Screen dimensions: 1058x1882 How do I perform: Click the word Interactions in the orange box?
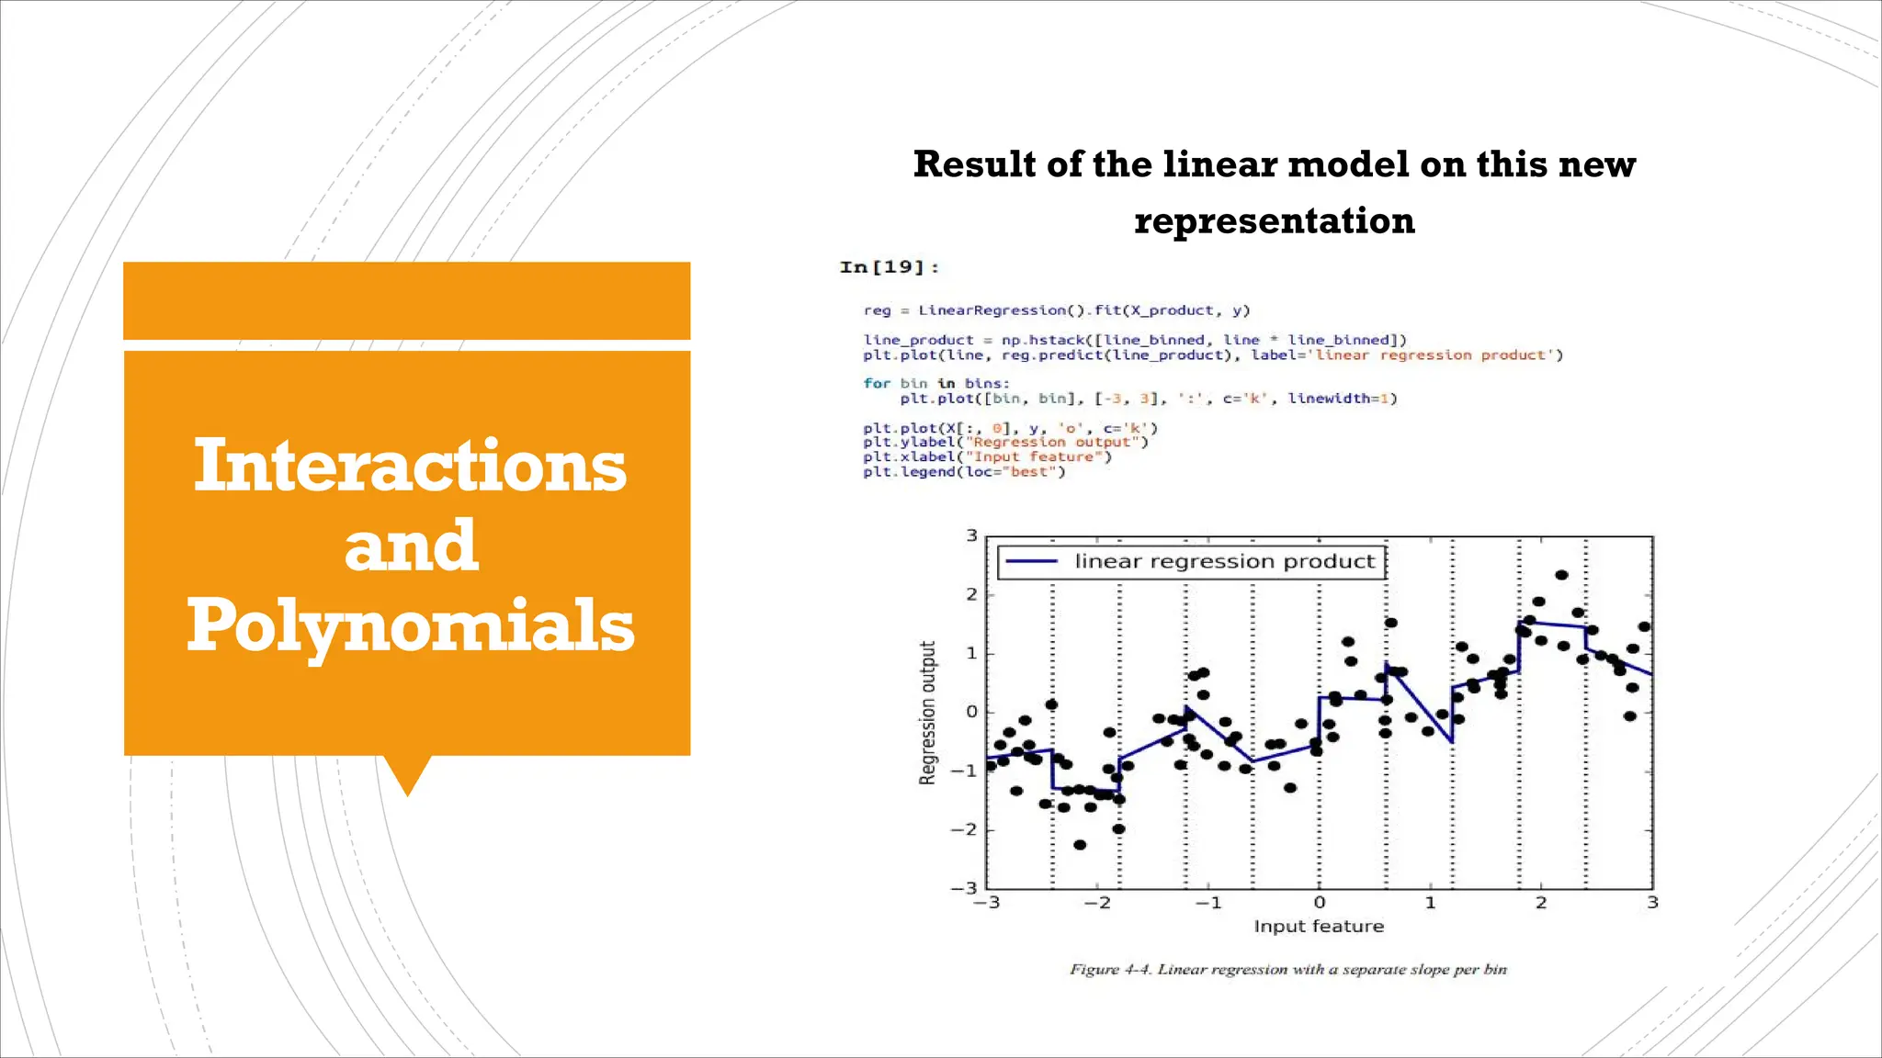click(x=410, y=466)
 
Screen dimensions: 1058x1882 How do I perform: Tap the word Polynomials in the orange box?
click(x=410, y=625)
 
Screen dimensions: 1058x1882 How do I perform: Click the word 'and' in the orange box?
click(x=411, y=546)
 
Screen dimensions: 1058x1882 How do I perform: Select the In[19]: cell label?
click(x=889, y=267)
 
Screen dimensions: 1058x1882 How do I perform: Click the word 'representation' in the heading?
click(x=1274, y=221)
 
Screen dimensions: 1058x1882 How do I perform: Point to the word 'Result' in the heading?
click(x=974, y=164)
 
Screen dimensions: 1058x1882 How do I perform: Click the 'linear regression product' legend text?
click(x=1224, y=561)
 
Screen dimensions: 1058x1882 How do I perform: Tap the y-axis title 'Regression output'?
click(x=927, y=713)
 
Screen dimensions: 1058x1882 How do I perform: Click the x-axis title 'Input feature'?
click(x=1318, y=927)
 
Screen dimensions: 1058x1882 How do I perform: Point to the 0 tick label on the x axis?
click(x=1319, y=903)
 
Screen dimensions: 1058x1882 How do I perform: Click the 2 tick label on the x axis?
click(x=1541, y=903)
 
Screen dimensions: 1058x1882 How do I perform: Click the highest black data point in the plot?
click(x=1561, y=575)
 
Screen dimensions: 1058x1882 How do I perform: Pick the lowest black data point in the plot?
click(x=1080, y=845)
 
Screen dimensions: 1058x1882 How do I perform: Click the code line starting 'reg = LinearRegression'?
click(x=1056, y=310)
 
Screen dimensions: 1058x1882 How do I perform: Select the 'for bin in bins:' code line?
click(x=935, y=383)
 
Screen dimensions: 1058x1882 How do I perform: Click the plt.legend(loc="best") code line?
click(x=963, y=472)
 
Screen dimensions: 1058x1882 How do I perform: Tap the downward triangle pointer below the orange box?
click(x=407, y=774)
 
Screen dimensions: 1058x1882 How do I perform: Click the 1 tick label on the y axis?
click(x=970, y=653)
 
